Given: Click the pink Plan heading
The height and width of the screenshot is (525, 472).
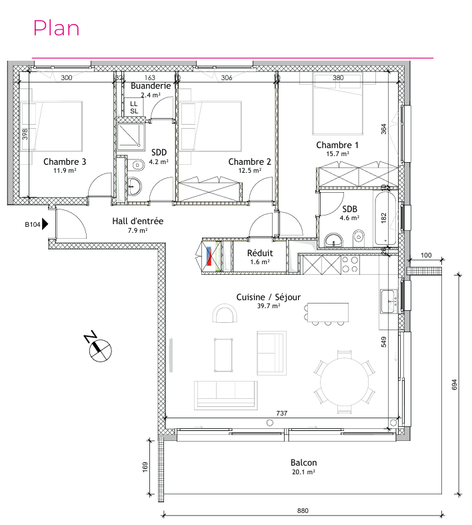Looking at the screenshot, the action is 56,28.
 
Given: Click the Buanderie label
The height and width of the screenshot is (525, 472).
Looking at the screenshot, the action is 151,85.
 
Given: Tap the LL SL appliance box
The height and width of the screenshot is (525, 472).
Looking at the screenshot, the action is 134,107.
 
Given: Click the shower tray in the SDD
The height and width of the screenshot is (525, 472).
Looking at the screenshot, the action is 131,137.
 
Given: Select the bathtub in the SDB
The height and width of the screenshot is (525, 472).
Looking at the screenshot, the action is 385,218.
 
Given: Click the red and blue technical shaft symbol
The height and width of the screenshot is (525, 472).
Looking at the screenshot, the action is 209,256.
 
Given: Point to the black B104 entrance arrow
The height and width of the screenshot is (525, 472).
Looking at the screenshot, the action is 45,224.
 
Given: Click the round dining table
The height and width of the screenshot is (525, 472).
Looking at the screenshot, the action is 344,382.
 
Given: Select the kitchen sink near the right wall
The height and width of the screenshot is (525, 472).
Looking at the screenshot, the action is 389,302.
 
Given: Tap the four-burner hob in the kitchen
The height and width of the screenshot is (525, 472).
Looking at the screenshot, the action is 350,265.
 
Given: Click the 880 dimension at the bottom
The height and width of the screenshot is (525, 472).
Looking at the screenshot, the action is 303,510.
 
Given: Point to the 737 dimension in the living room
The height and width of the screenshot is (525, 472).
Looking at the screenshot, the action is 281,413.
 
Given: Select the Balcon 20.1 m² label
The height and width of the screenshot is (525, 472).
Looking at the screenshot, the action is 303,466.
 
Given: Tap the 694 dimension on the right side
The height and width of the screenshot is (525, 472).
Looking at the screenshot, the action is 454,384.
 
